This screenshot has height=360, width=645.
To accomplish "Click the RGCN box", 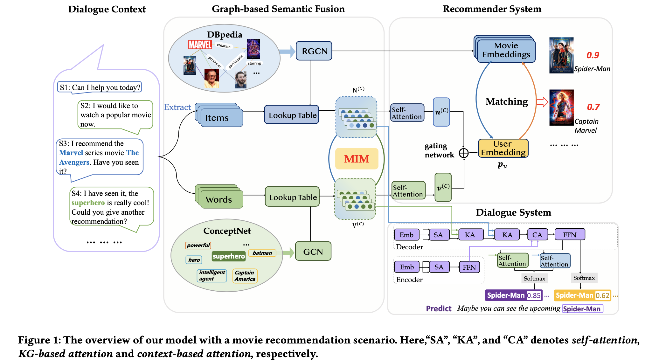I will pyautogui.click(x=314, y=51).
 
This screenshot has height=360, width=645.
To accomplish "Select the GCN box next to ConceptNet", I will pyautogui.click(x=313, y=252).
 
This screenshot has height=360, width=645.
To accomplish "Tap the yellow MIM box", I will pyautogui.click(x=357, y=159).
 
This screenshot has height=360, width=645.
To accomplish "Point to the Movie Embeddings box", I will pyautogui.click(x=506, y=50).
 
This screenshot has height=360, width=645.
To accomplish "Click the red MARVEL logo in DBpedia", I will pyautogui.click(x=200, y=45).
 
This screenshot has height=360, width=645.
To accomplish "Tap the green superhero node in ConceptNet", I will pyautogui.click(x=229, y=256).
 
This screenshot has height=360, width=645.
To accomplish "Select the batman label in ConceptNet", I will pyautogui.click(x=262, y=253).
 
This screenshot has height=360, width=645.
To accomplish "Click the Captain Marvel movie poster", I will pyautogui.click(x=562, y=108).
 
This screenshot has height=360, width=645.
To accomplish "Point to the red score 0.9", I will pyautogui.click(x=593, y=55).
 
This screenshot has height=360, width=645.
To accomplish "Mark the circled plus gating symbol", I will pyautogui.click(x=464, y=153).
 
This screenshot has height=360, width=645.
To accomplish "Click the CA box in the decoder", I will pyautogui.click(x=537, y=235).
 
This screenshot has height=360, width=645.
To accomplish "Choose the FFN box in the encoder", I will pyautogui.click(x=469, y=267).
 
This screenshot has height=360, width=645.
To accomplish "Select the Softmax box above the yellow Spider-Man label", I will pyautogui.click(x=584, y=278).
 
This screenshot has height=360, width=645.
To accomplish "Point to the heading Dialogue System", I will pyautogui.click(x=513, y=212).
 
